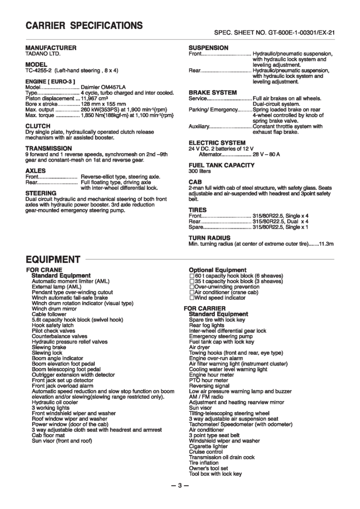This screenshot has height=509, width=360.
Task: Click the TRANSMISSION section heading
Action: point(48,148)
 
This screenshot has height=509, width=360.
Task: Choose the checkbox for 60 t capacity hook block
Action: point(192,276)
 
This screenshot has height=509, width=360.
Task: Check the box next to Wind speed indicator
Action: point(192,298)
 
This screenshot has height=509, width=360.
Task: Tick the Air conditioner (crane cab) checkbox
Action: point(192,292)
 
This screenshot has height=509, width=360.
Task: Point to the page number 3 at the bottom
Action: point(180,485)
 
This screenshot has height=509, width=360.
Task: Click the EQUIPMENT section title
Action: point(53,259)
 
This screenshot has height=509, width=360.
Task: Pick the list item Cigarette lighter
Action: point(209,447)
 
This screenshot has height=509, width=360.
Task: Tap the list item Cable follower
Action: point(49,314)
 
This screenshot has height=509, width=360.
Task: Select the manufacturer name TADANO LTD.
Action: point(43,53)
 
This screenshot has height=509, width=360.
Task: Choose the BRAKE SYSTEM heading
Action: point(212,93)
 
